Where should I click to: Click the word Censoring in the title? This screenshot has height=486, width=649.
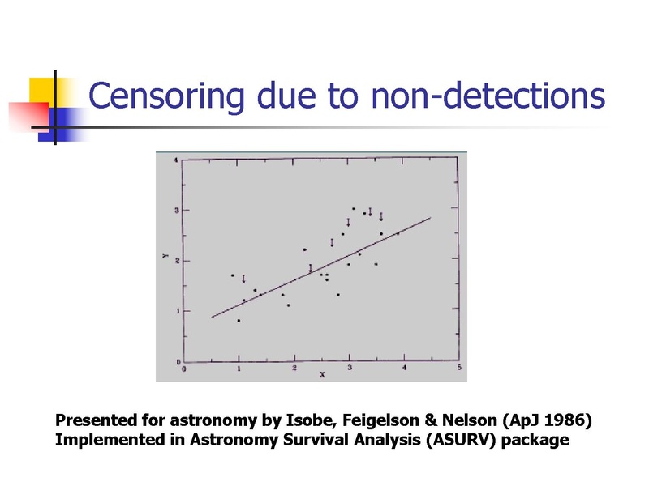point(166,96)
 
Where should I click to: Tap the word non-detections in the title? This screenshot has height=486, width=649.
point(488,96)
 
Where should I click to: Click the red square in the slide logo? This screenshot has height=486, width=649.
point(29,116)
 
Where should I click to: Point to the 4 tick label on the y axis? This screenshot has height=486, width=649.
point(176,160)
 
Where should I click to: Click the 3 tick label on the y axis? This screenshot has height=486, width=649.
point(176,211)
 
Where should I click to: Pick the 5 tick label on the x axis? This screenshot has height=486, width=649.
point(459,368)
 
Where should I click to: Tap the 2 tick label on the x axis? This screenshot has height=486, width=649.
point(294,368)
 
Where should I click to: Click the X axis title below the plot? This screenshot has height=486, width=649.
point(322,374)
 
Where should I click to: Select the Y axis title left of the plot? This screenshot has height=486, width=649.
point(165,255)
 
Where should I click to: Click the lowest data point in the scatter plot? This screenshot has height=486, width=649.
point(239,320)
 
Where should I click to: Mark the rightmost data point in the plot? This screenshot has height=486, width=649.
point(398,233)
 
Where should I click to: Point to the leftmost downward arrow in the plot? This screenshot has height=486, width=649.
point(243,279)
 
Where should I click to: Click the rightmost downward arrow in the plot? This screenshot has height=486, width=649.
point(381,216)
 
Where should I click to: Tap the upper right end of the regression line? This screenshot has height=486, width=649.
point(431,217)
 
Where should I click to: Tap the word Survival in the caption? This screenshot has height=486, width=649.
point(316,439)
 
